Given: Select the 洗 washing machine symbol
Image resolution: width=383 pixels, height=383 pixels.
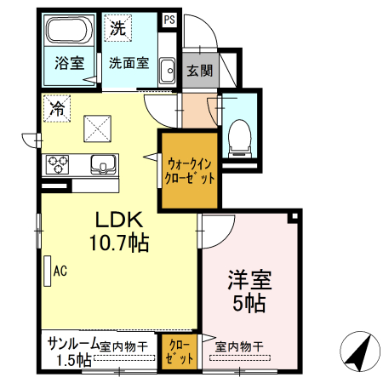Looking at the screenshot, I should [117, 28].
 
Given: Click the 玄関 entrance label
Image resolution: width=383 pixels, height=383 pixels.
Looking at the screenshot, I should [199, 71].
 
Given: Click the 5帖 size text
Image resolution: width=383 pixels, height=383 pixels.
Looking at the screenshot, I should [248, 302].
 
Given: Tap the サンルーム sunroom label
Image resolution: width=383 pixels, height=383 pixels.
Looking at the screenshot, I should [72, 343].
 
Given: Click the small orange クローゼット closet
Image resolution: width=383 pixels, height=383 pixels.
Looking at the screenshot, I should [179, 352].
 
